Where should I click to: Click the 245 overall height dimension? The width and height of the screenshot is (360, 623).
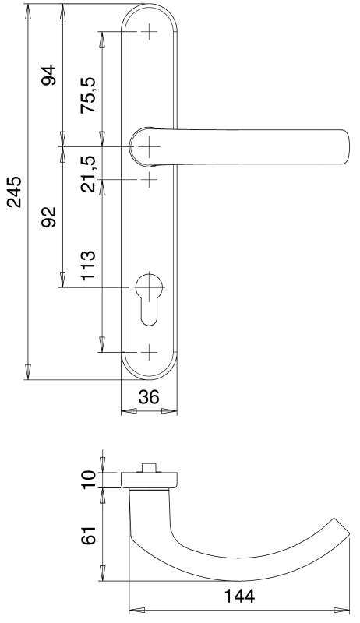click(x=14, y=192)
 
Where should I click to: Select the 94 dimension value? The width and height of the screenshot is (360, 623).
click(x=50, y=76)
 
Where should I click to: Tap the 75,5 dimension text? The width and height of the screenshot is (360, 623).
click(x=88, y=94)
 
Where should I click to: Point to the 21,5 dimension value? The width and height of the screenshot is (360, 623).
click(x=88, y=174)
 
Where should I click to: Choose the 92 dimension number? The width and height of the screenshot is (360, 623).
click(x=50, y=216)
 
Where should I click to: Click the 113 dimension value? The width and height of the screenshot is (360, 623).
click(x=88, y=266)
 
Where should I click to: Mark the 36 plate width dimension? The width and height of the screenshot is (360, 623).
click(x=149, y=396)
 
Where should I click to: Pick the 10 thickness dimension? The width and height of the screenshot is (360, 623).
click(x=88, y=480)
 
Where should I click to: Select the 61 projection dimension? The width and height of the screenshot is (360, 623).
click(x=88, y=536)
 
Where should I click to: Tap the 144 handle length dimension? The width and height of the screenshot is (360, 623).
click(x=239, y=596)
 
